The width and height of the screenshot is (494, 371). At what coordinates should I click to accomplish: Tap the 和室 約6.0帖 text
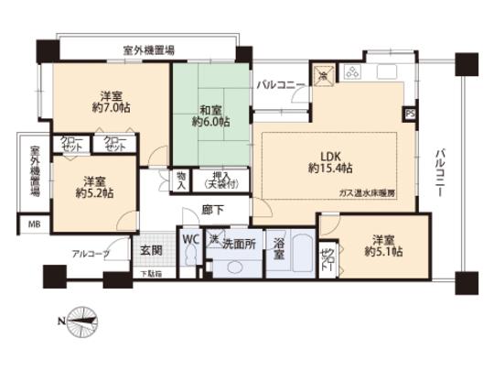click(x=210, y=113)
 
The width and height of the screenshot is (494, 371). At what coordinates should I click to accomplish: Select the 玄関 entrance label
click(x=151, y=247)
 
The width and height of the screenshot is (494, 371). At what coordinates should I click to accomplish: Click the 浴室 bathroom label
click(x=279, y=250)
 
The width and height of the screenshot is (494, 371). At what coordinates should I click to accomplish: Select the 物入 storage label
click(x=182, y=180)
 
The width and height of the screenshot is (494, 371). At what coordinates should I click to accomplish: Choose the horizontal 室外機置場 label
click(x=150, y=49)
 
